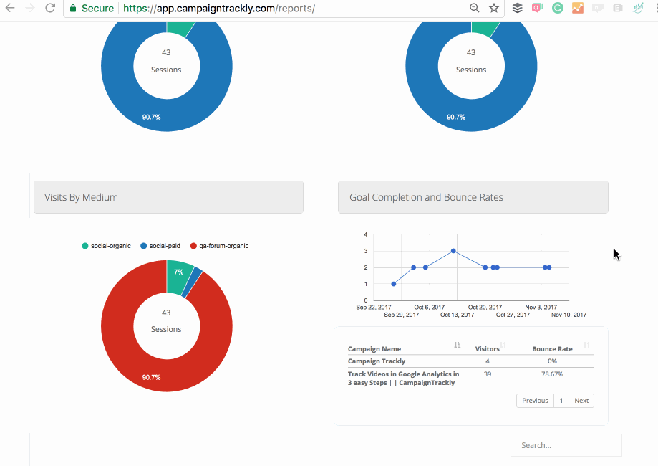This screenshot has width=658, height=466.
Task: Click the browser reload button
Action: coord(49,8)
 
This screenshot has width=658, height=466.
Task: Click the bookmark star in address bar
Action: coord(494,8)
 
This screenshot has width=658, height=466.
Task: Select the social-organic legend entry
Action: coord(107,246)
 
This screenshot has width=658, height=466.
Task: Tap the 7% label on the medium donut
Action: coord(178,272)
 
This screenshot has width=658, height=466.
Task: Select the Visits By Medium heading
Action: coord(82,197)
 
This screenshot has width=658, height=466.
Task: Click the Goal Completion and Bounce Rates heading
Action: coord(426,197)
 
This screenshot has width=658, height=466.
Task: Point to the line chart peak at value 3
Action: coord(453,251)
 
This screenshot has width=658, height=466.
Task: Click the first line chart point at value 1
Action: coord(394,284)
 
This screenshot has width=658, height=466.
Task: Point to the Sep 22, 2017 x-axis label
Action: coord(374,307)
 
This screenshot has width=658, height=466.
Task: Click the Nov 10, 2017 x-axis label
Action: coord(569,315)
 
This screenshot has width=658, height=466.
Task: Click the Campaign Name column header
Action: coord(374,349)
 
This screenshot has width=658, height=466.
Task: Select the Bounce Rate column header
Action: coord(552,349)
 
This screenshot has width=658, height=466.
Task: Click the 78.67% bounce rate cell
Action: coord(552,374)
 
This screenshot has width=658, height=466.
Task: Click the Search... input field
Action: coord(566,445)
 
